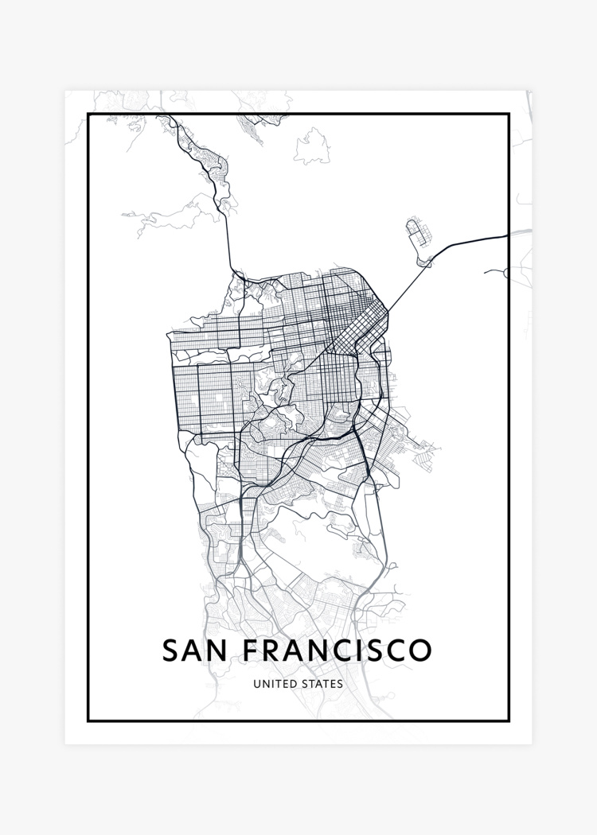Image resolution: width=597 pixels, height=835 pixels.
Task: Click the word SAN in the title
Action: pyautogui.click(x=194, y=650)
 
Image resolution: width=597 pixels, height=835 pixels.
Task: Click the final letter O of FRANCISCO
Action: pyautogui.click(x=420, y=650)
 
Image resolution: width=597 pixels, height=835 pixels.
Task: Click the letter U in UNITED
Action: pyautogui.click(x=256, y=684)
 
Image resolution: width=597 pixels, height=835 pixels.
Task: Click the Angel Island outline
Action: pyautogui.click(x=313, y=148)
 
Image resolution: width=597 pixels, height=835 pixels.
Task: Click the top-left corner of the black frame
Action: pyautogui.click(x=88, y=115)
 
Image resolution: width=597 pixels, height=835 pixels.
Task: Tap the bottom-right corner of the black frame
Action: pyautogui.click(x=509, y=720)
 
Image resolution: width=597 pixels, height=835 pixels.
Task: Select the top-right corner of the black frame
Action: pyautogui.click(x=509, y=115)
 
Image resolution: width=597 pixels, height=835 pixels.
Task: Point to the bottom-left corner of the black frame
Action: pyautogui.click(x=88, y=720)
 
